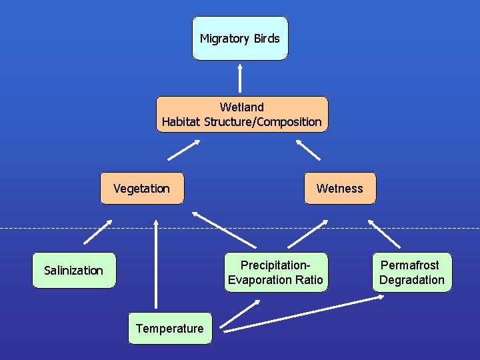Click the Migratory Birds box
[x=240, y=39]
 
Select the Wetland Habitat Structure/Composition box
[x=242, y=114]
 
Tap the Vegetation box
[x=141, y=188]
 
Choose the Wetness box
[x=340, y=188]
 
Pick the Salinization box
[x=73, y=270]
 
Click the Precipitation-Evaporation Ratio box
[x=275, y=272]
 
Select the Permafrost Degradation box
[x=411, y=272]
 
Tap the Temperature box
[x=170, y=328]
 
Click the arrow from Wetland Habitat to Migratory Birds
[x=240, y=78]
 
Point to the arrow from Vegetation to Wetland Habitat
[x=184, y=150]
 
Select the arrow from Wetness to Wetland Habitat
[x=307, y=149]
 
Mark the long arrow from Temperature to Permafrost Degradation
[x=303, y=313]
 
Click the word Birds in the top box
[x=267, y=39]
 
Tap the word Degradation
[x=412, y=280]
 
